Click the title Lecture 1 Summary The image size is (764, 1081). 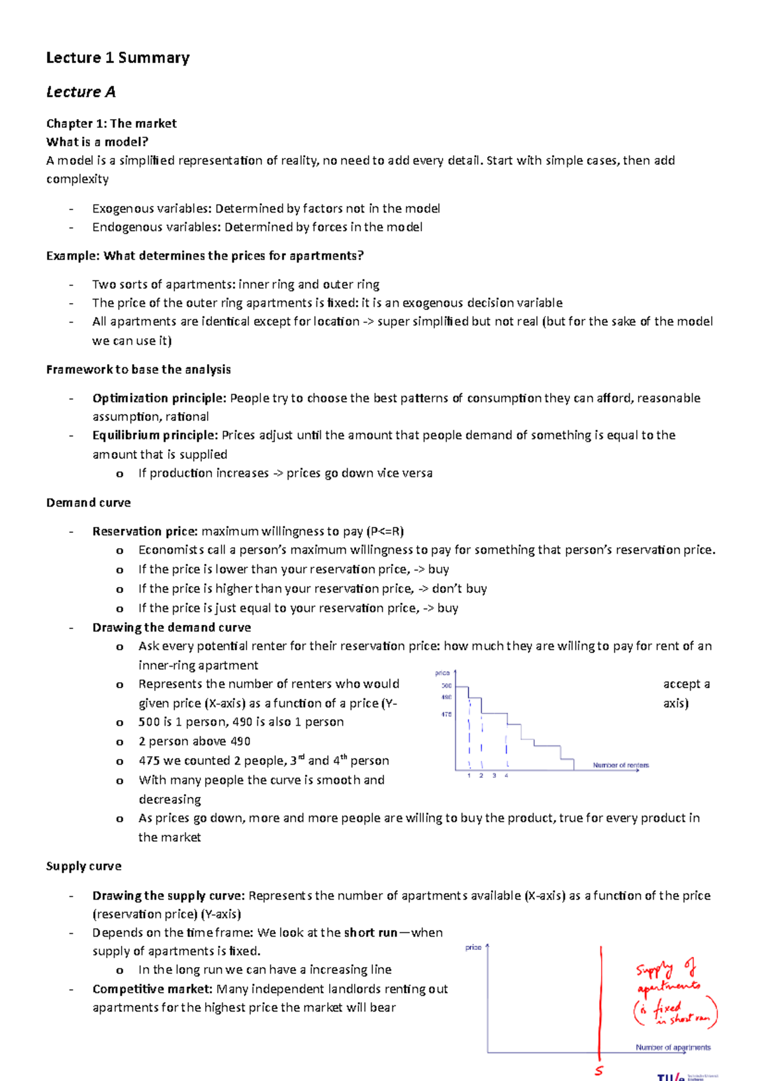tap(118, 58)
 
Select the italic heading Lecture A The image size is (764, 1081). tap(81, 92)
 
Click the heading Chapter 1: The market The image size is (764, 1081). tap(111, 124)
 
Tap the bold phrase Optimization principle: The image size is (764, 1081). tap(159, 399)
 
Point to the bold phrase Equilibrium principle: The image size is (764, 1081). tap(155, 435)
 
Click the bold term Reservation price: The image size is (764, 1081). tap(145, 532)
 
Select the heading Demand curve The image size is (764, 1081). tap(88, 503)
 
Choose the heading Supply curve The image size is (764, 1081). tap(83, 866)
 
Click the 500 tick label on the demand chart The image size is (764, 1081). tap(446, 686)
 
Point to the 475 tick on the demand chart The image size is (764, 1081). tap(446, 714)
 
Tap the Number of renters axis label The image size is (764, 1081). tap(621, 765)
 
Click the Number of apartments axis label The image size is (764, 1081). tap(673, 1047)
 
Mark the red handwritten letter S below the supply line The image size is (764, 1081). tap(599, 1071)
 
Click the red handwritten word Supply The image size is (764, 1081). tap(654, 970)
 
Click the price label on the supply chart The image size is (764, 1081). tap(473, 948)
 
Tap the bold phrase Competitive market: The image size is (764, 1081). tap(152, 989)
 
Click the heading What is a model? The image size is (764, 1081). tap(97, 142)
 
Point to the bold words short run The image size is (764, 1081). tap(371, 933)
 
